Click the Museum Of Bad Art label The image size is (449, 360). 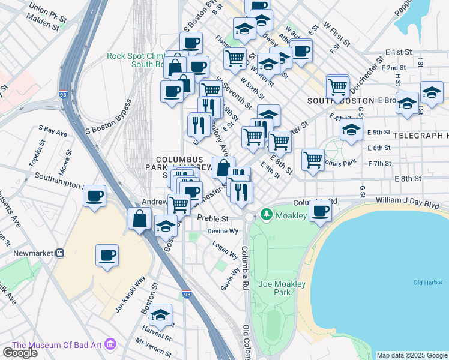[x=57, y=345]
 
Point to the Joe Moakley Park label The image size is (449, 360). [x=274, y=288]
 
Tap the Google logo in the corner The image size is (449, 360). [x=20, y=353]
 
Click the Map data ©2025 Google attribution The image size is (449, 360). [x=412, y=355]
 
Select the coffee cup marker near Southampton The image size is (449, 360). [x=94, y=196]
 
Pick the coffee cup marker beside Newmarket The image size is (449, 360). [x=107, y=256]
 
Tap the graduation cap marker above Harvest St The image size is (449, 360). [x=160, y=315]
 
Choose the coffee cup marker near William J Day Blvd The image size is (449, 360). [x=321, y=211]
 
